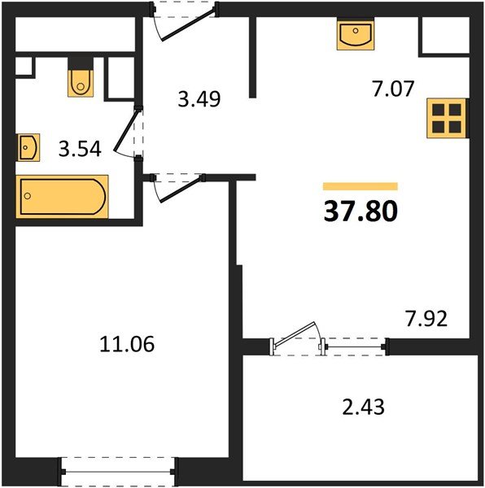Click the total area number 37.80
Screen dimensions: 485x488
pyautogui.click(x=360, y=211)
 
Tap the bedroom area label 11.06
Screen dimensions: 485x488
pyautogui.click(x=127, y=344)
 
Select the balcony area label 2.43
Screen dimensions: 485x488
pyautogui.click(x=363, y=407)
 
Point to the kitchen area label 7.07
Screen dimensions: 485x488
pyautogui.click(x=393, y=89)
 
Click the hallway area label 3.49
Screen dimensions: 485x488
pyautogui.click(x=199, y=99)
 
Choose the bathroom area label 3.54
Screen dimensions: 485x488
pyautogui.click(x=80, y=149)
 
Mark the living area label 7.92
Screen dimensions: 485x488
pyautogui.click(x=426, y=318)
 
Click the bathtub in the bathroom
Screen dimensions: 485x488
pyautogui.click(x=63, y=197)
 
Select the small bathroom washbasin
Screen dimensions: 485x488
pyautogui.click(x=28, y=147)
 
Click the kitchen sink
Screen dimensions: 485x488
pyautogui.click(x=356, y=33)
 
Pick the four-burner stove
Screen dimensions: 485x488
pyautogui.click(x=447, y=118)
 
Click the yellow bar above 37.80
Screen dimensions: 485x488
pyautogui.click(x=360, y=186)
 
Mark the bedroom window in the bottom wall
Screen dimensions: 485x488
pyautogui.click(x=118, y=472)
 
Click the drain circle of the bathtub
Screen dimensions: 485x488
pyautogui.click(x=28, y=196)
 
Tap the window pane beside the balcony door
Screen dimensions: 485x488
pyautogui.click(x=355, y=346)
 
